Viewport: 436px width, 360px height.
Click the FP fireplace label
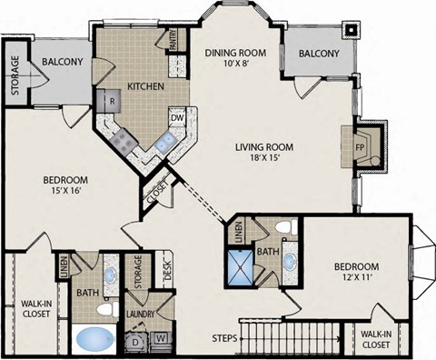click(360, 147)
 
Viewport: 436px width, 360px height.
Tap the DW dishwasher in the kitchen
click(177, 117)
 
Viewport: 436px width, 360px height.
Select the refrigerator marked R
click(109, 101)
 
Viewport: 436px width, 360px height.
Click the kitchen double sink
click(164, 141)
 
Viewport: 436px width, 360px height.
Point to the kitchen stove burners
click(124, 141)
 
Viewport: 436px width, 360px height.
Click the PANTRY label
click(173, 40)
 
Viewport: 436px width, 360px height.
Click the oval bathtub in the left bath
click(94, 339)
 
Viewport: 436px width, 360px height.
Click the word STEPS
click(224, 338)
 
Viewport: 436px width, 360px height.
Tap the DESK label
click(167, 270)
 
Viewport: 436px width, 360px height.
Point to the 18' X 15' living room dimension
click(263, 157)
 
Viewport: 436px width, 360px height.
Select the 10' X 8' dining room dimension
click(235, 63)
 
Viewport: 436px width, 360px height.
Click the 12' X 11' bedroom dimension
click(356, 277)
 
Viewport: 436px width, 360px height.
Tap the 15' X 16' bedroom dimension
click(65, 191)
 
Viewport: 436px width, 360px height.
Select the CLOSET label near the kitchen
click(157, 193)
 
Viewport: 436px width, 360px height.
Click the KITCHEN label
click(145, 86)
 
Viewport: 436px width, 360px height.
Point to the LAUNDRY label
click(140, 315)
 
